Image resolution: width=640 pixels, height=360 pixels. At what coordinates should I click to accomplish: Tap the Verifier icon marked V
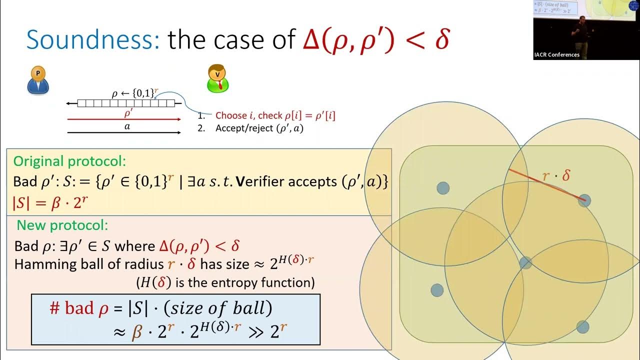[x=217, y=78]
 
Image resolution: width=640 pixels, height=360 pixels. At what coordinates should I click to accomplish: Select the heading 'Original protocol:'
[x=69, y=161]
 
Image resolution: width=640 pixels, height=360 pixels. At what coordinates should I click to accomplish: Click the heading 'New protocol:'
[x=62, y=225]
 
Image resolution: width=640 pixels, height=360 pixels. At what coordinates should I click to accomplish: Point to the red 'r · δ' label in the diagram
[x=556, y=176]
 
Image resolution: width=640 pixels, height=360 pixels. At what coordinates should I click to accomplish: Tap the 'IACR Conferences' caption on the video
[x=557, y=55]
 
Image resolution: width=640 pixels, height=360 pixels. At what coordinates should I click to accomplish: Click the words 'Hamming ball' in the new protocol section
[x=55, y=264]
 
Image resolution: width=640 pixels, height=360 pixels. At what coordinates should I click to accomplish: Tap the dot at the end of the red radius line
[x=584, y=201]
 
